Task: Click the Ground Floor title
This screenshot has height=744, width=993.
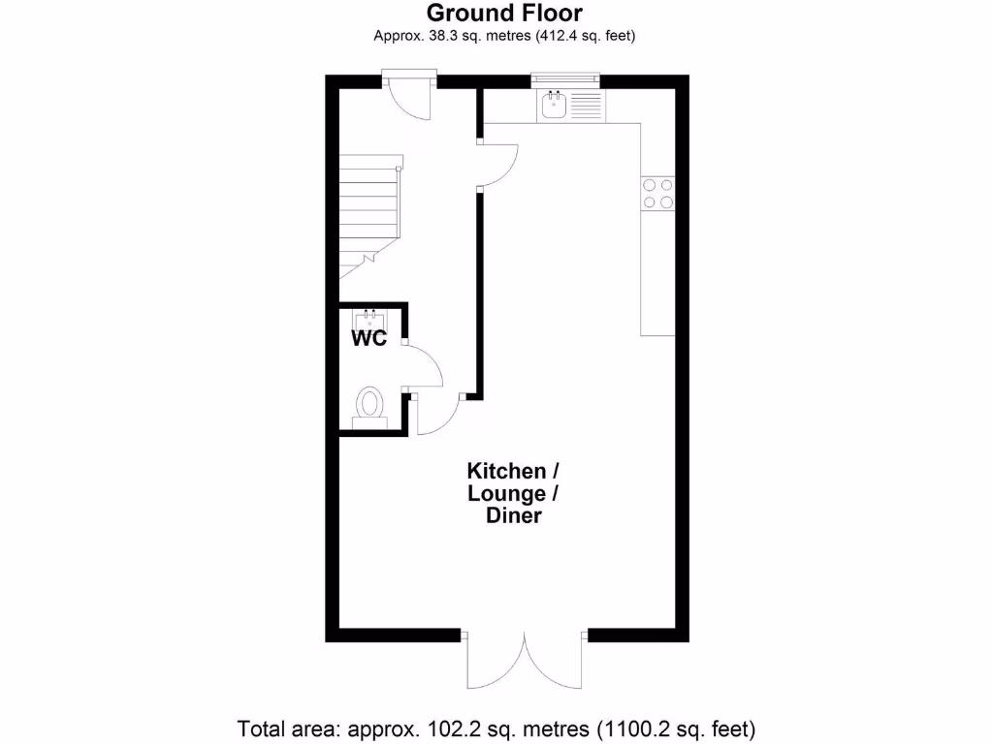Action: [504, 13]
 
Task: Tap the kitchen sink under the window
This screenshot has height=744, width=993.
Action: [555, 105]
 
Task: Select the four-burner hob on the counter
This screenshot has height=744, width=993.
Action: [657, 194]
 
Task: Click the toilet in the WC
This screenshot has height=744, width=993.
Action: [369, 406]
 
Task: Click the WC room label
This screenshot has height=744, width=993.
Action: [368, 339]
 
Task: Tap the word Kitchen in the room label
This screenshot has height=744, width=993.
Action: [506, 472]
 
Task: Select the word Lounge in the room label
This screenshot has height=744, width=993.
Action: [506, 494]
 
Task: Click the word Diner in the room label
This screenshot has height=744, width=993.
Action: [513, 516]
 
